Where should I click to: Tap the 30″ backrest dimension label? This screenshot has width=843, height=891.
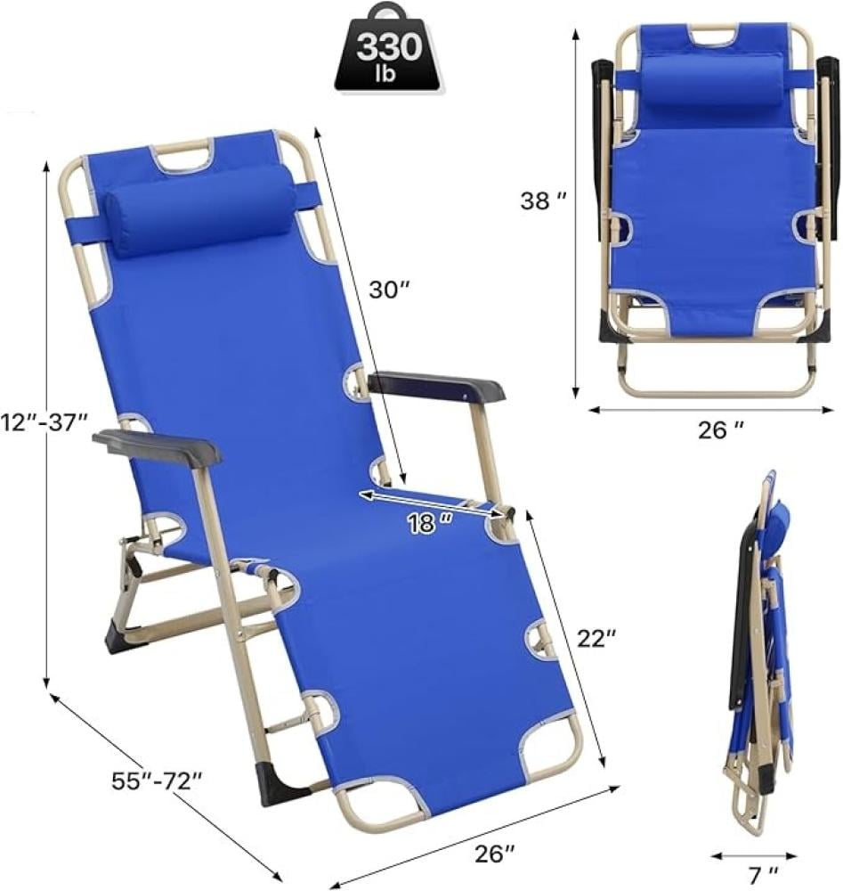(x=390, y=290)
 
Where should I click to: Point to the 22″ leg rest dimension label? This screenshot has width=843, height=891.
(x=596, y=639)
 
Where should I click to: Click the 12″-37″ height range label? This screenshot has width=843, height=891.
(x=45, y=422)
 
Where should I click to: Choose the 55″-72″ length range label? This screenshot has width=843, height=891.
(x=157, y=781)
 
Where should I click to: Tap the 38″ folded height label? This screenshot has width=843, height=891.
(x=543, y=200)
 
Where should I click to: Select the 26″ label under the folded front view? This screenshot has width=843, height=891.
(x=720, y=430)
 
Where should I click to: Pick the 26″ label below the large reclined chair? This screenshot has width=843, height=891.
(x=495, y=853)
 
